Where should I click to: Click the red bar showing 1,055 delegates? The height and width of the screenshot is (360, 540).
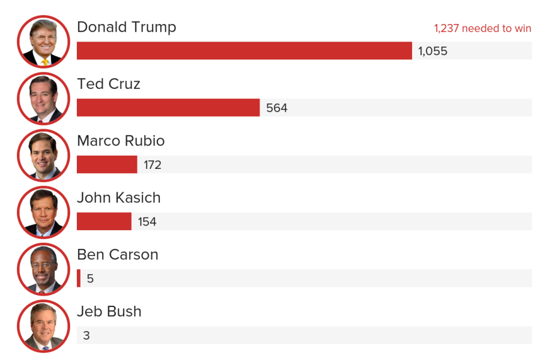click(244, 51)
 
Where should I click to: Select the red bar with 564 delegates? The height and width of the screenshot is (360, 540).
click(168, 108)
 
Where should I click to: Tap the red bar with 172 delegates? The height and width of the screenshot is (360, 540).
click(107, 165)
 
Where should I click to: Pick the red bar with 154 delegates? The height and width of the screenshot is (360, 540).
click(104, 221)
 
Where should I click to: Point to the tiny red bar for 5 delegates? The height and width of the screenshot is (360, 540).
click(79, 278)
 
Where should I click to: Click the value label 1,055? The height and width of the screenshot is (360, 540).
click(432, 51)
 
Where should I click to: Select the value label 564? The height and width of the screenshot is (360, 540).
click(277, 108)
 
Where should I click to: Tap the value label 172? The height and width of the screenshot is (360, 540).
click(153, 165)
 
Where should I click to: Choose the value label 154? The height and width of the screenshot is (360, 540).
click(147, 222)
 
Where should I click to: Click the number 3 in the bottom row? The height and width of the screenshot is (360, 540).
click(86, 335)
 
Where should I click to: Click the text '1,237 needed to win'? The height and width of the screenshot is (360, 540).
click(482, 28)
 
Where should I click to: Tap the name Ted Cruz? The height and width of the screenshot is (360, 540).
click(109, 84)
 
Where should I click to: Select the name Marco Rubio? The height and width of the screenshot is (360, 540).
click(121, 141)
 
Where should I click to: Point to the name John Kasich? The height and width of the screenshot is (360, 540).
click(119, 198)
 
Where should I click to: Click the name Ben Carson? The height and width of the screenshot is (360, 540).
click(118, 255)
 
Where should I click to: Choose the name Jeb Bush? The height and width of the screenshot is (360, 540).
click(109, 311)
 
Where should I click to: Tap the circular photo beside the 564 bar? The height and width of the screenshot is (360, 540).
click(43, 99)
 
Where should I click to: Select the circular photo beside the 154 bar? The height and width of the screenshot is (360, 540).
click(43, 212)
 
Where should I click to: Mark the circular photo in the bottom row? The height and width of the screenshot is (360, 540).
click(43, 326)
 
